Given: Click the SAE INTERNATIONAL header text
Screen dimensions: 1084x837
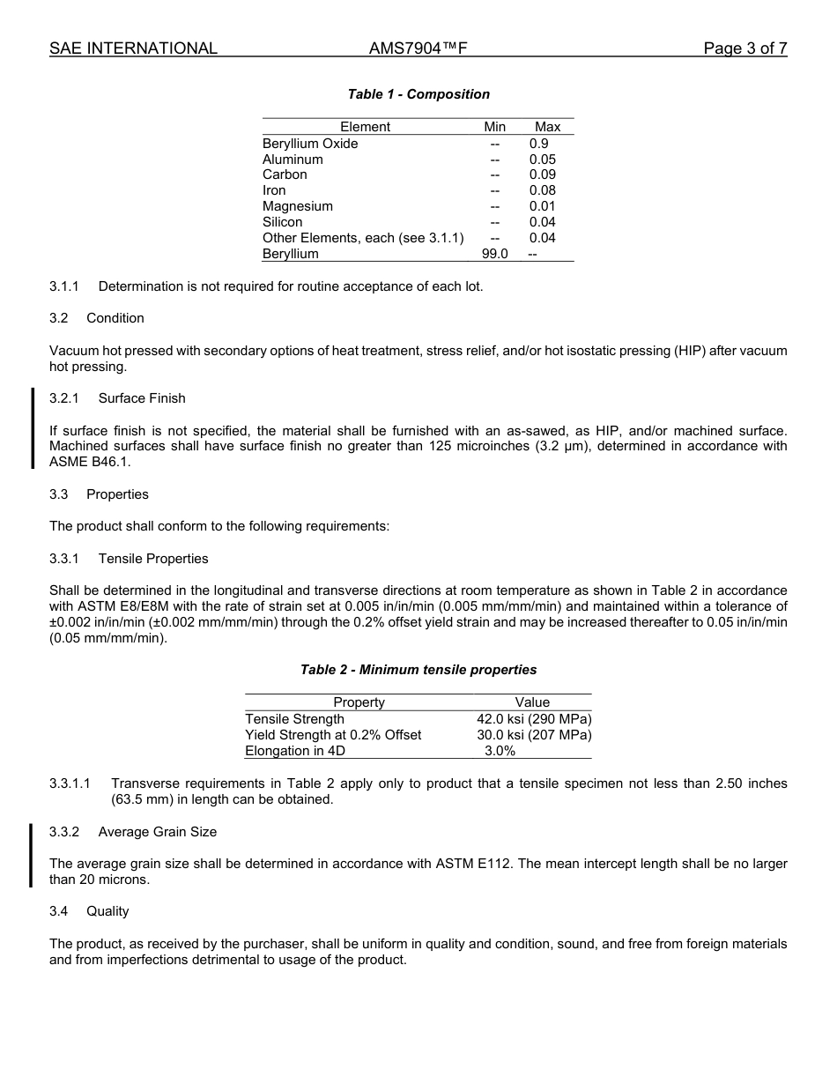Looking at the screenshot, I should pos(133,48).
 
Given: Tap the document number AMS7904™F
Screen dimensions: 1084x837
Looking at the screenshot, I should pos(418,48).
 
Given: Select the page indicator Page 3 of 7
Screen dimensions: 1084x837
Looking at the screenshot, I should pos(744,48).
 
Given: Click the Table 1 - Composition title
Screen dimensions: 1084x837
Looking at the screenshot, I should pos(418,94).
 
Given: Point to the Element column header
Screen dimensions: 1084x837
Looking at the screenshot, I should pos(365,127).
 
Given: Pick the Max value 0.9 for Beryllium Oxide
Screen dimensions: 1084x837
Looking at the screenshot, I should pos(538,144).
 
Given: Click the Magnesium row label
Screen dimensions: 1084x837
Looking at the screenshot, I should pos(298,206).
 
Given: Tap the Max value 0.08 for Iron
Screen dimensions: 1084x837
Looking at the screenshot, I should pos(542,190).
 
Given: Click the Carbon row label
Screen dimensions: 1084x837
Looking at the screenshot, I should pos(285,174).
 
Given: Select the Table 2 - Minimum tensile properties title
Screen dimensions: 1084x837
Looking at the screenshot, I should pos(418,670).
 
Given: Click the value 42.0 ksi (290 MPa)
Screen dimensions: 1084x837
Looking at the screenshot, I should pos(534,719).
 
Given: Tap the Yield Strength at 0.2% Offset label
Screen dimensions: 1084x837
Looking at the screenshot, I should pos(333,735).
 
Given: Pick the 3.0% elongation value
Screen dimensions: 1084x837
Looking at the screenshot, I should pos(500,751).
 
